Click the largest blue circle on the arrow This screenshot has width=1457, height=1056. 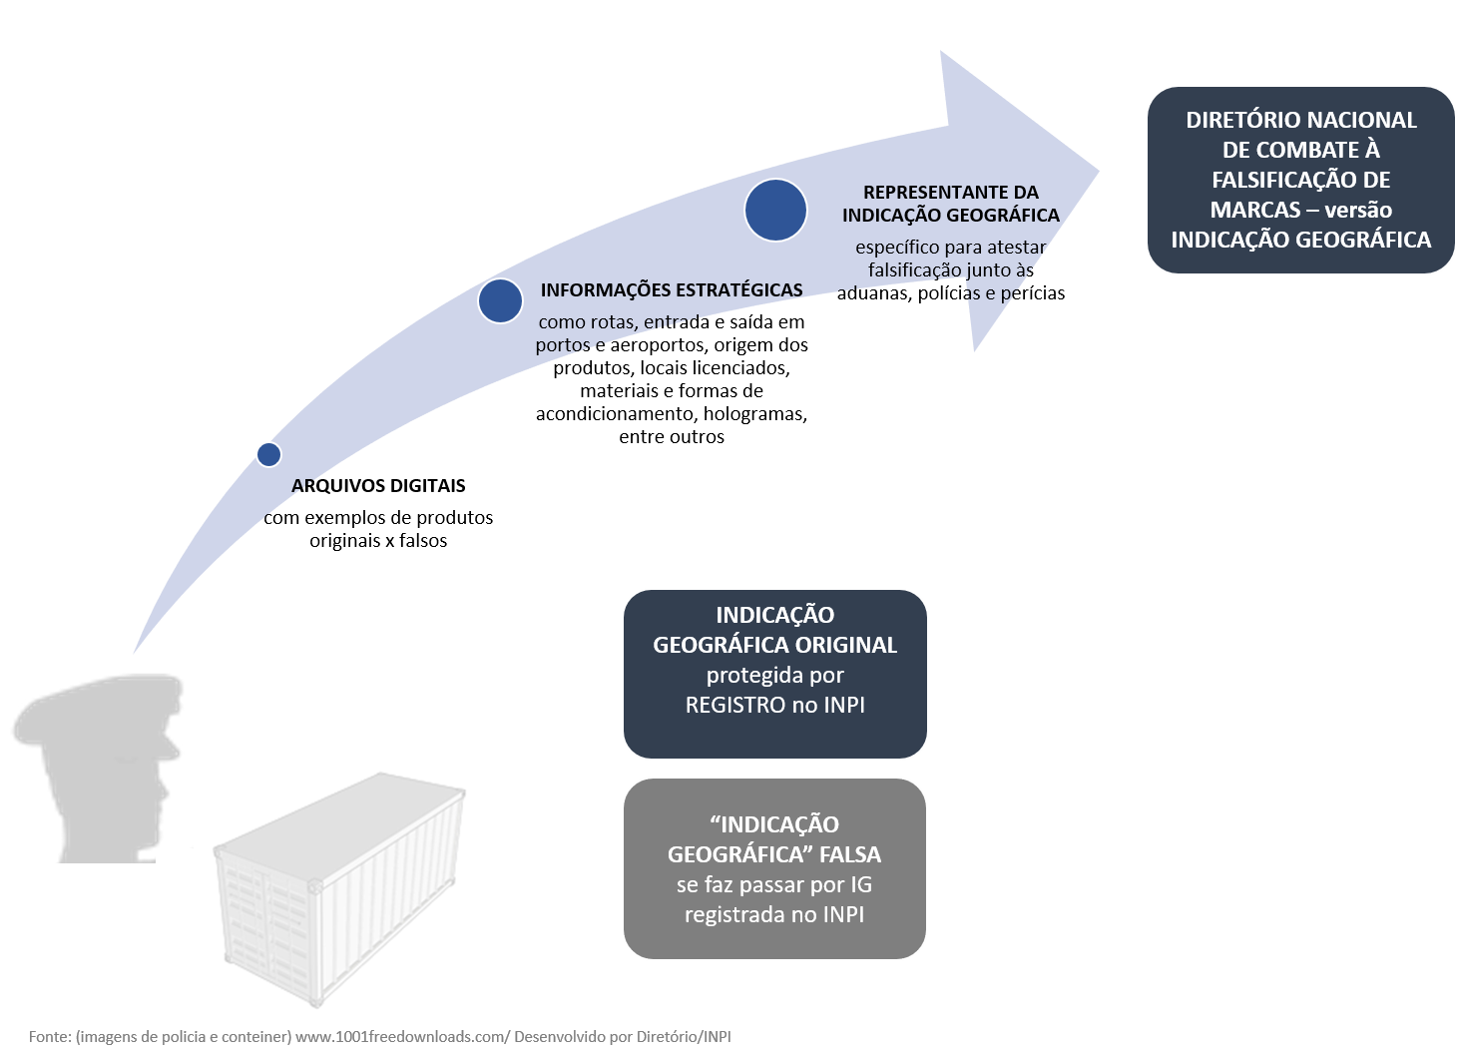775,210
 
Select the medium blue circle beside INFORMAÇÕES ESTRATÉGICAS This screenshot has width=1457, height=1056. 500,300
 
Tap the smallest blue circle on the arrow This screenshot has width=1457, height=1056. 268,454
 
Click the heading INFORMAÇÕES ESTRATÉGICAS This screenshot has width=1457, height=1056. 672,290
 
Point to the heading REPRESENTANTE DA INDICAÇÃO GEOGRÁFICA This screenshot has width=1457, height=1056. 950,204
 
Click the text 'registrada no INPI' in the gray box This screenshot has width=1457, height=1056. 774,915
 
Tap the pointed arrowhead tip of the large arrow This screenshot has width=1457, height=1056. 1098,171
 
